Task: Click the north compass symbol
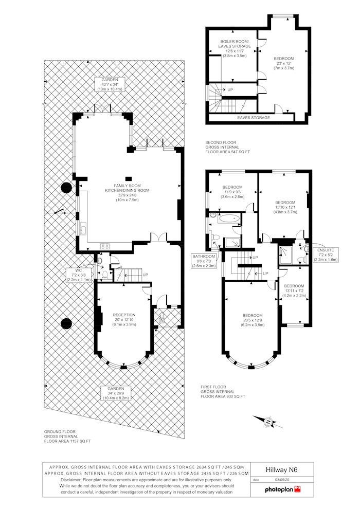(268, 422)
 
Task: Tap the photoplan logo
(283, 489)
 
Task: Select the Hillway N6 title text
(281, 470)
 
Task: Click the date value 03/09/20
(282, 480)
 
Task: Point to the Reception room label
(124, 319)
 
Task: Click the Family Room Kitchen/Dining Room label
(127, 193)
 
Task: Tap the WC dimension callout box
(79, 275)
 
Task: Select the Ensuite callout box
(326, 255)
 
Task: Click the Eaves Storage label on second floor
(253, 118)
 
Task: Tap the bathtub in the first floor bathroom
(229, 219)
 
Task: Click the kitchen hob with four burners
(105, 246)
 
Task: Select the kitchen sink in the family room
(83, 229)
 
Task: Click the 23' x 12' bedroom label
(284, 63)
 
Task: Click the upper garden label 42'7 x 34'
(110, 84)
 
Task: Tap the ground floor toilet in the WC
(105, 275)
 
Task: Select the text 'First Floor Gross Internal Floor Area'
(223, 391)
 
